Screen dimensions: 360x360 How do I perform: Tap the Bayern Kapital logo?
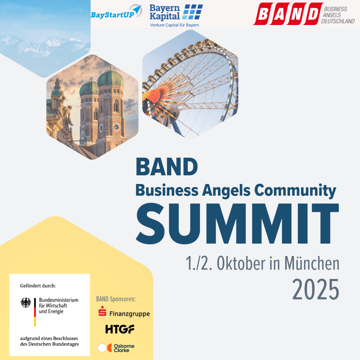point(176,13)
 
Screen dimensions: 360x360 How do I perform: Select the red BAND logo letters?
point(288,14)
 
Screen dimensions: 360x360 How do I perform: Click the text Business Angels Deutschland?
point(338,15)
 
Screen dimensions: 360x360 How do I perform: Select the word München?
point(312,263)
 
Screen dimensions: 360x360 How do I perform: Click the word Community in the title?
point(295,191)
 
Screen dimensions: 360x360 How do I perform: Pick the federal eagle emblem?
point(26,303)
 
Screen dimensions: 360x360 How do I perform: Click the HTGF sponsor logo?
point(120,329)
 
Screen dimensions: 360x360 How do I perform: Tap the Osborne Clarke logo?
point(116,348)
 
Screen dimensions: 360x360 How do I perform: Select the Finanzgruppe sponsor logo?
point(124,313)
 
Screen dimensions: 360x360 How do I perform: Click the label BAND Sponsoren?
point(116,299)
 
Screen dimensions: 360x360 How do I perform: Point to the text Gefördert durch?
point(38,286)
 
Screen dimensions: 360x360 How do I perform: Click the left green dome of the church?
point(89,88)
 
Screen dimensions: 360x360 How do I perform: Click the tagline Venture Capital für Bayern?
point(175,25)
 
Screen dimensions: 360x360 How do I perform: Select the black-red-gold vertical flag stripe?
point(35,312)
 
